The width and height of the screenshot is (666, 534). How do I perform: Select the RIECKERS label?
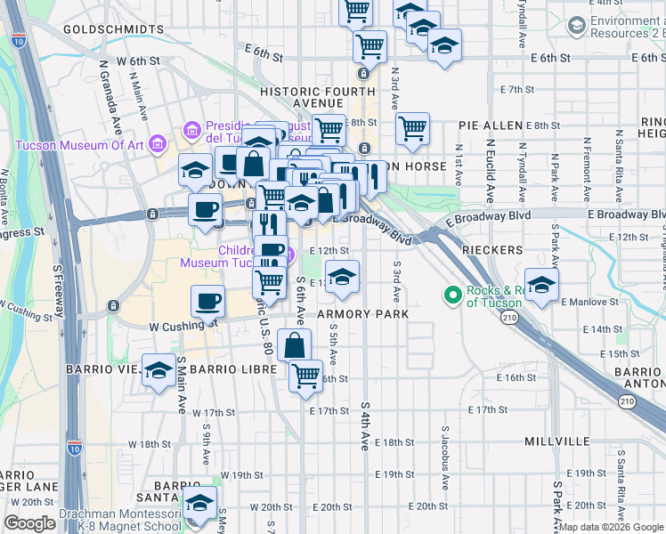(492, 250)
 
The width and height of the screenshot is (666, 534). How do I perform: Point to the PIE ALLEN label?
(490, 126)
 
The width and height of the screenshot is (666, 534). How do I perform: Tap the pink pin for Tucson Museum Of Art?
(158, 142)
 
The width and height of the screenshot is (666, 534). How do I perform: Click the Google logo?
(29, 523)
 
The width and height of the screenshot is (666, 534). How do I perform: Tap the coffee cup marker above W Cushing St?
(207, 300)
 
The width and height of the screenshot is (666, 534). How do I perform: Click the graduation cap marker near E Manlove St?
(541, 284)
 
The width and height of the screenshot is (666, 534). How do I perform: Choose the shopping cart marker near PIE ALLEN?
(412, 128)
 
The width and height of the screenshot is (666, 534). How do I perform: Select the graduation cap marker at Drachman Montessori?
(200, 503)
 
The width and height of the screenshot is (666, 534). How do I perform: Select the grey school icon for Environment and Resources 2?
(578, 28)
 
